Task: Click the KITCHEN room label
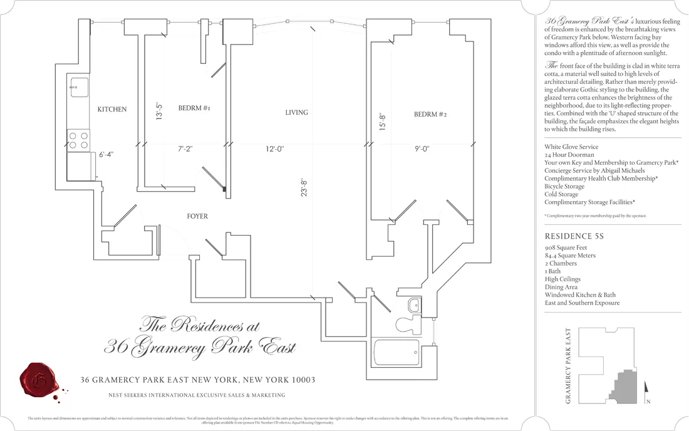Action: point(112,110)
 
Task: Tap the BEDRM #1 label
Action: point(194,108)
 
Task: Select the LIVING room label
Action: point(296,113)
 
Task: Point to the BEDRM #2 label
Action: point(430,115)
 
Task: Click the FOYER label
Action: point(197,217)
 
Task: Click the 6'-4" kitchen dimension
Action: point(106,154)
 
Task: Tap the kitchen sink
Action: point(79,88)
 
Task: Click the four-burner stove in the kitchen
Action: point(78,140)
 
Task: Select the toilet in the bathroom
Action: point(408,324)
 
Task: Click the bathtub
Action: point(396,353)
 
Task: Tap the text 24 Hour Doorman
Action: point(569,155)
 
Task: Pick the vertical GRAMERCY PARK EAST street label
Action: point(568,366)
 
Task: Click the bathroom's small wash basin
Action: point(414,305)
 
